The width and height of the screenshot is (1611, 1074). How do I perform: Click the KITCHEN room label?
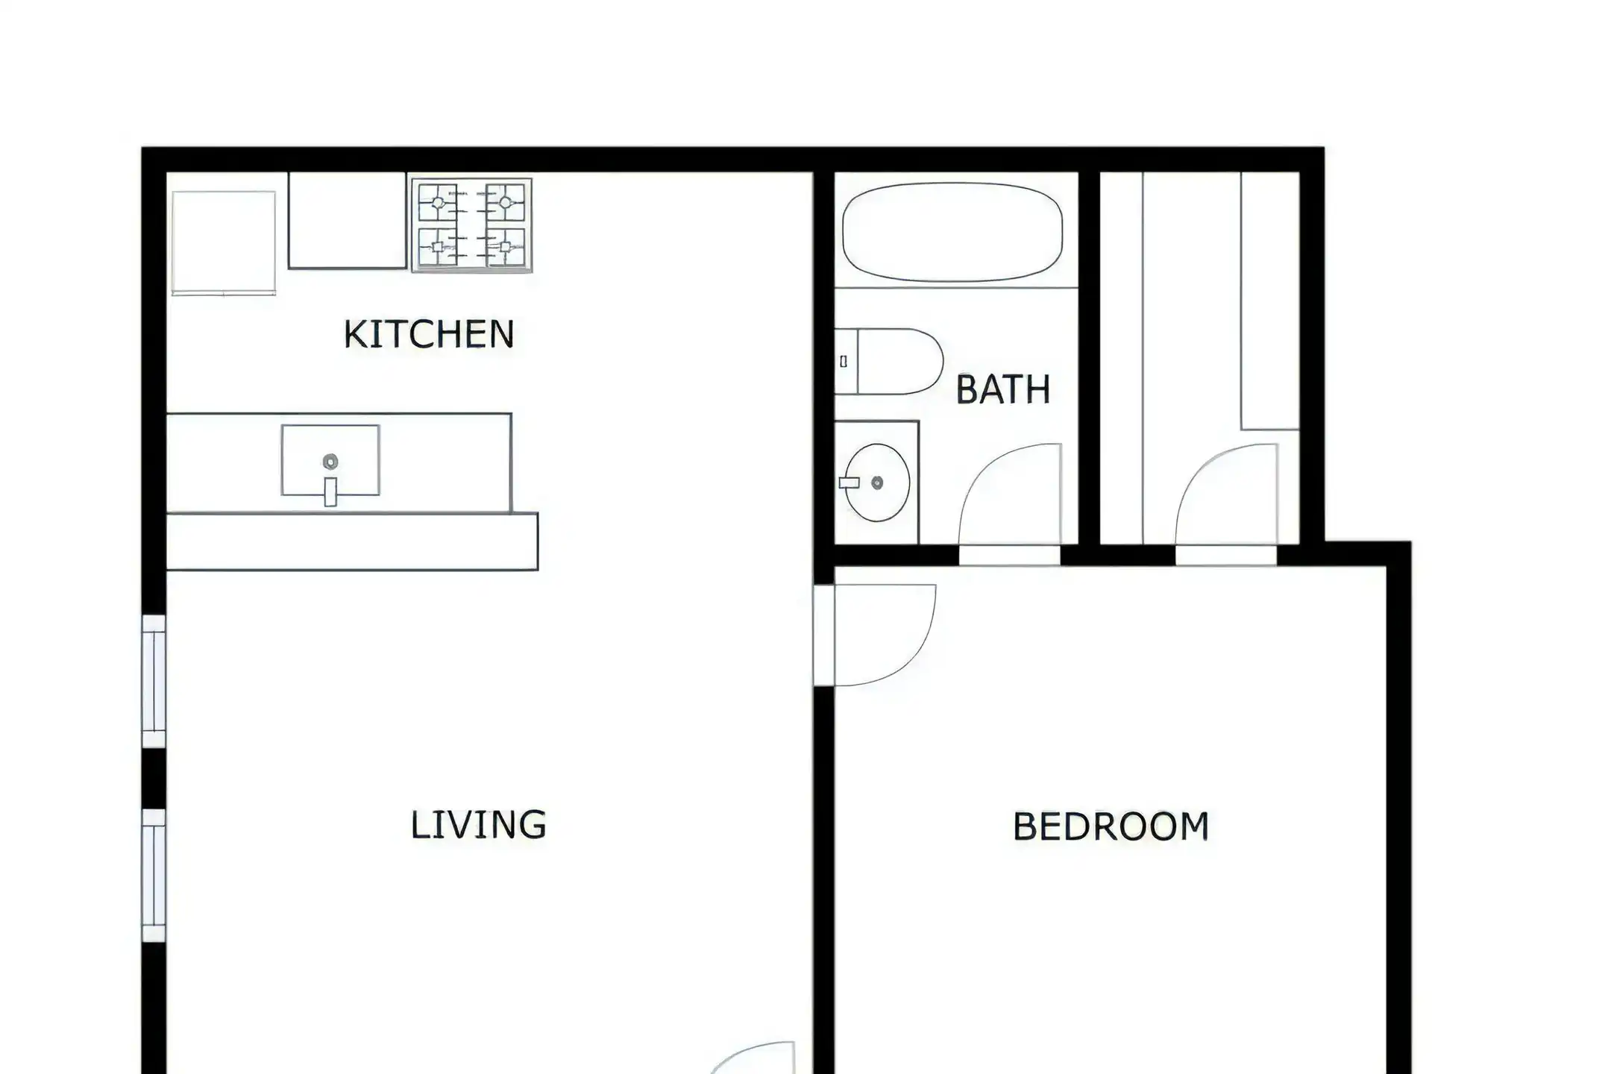point(429,334)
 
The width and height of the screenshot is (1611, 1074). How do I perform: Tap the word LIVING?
point(479,825)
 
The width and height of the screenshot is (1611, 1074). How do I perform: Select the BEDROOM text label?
point(1111,827)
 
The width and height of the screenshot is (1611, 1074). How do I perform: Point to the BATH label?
point(1003,390)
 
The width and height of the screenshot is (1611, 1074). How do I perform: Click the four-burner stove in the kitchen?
point(471,225)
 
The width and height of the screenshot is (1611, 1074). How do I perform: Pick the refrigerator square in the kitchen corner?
point(224,243)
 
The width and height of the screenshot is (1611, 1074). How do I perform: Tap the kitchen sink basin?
point(330,460)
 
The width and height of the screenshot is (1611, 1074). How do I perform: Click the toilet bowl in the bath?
point(901,362)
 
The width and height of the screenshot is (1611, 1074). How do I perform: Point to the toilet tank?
point(846,362)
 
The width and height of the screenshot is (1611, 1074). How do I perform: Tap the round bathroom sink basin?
point(877,483)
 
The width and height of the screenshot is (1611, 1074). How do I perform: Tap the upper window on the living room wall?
point(154,681)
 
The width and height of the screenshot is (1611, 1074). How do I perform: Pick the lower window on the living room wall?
point(154,876)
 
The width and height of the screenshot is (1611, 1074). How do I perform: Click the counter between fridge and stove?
point(348,220)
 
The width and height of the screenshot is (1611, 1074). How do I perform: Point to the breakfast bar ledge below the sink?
point(351,541)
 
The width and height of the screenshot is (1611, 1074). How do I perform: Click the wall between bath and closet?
point(1090,358)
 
